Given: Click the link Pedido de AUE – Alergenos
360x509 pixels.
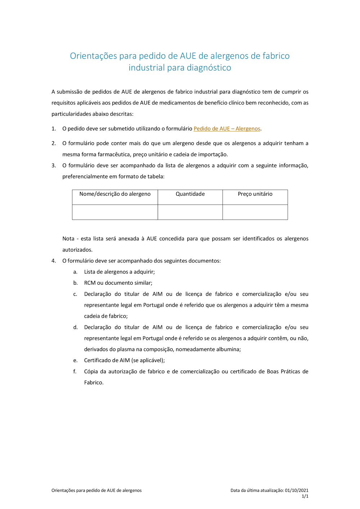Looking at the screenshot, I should [x=227, y=129].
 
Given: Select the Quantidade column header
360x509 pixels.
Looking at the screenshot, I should [x=190, y=194].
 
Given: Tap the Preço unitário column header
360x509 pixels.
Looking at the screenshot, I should [x=255, y=194].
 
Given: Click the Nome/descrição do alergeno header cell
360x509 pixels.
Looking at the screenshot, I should [x=115, y=194].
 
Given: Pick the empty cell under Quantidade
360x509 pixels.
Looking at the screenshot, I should [x=190, y=212].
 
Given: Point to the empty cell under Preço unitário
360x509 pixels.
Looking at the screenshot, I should [x=255, y=212].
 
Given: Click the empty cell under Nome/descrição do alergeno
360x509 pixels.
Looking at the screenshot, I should [x=115, y=212].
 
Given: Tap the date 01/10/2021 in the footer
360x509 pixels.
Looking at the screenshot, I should [x=297, y=490].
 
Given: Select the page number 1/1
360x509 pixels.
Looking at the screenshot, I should [x=305, y=496].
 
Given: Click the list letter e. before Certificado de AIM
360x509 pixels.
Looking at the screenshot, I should [x=75, y=360].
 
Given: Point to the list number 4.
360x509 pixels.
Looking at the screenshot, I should [x=54, y=261].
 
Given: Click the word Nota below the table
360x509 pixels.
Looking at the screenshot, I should [x=68, y=239].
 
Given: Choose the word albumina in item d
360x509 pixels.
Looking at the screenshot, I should [x=228, y=349].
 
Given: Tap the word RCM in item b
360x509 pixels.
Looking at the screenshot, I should [x=90, y=283].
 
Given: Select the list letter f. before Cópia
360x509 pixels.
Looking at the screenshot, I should [x=75, y=371].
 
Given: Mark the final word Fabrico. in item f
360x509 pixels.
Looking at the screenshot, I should [x=94, y=383].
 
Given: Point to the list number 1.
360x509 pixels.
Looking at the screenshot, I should [x=54, y=129].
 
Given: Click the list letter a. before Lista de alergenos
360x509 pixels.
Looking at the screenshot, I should [x=75, y=272].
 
